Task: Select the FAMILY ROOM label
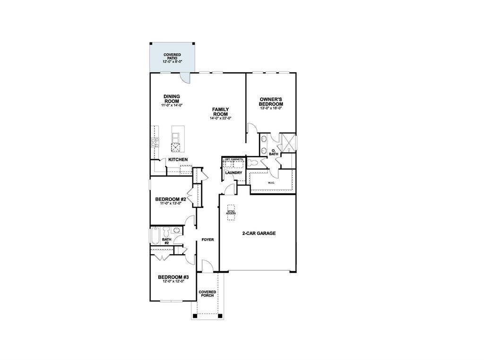click(220, 111)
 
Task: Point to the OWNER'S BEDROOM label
click(271, 102)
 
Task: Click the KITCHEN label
click(178, 160)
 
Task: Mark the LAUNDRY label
click(234, 173)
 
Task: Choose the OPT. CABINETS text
click(234, 160)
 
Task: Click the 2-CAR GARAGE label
click(259, 233)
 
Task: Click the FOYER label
click(208, 240)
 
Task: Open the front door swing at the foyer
click(207, 266)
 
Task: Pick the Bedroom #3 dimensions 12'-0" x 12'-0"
click(173, 282)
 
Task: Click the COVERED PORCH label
click(207, 294)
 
